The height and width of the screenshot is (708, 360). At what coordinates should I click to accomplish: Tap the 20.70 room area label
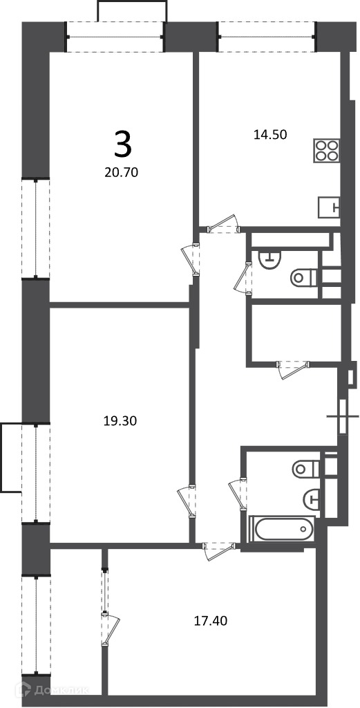pyautogui.click(x=120, y=172)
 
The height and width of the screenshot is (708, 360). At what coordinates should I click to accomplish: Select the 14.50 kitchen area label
pyautogui.click(x=271, y=134)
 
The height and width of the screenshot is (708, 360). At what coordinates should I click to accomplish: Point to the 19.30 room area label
pyautogui.click(x=120, y=421)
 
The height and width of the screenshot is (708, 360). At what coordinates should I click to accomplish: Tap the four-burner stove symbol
pyautogui.click(x=327, y=150)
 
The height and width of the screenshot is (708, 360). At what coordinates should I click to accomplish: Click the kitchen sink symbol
pyautogui.click(x=329, y=207)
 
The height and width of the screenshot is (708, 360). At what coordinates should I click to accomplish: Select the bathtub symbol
pyautogui.click(x=283, y=529)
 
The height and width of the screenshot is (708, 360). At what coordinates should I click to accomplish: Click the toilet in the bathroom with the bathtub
pyautogui.click(x=306, y=469)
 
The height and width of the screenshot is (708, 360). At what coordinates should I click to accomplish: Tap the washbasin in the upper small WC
pyautogui.click(x=269, y=259)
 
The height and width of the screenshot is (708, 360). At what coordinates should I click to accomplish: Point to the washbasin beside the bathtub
pyautogui.click(x=311, y=499)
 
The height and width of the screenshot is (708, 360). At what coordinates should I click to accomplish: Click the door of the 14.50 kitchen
pyautogui.click(x=222, y=223)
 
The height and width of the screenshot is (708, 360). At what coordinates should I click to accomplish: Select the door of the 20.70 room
pyautogui.click(x=191, y=260)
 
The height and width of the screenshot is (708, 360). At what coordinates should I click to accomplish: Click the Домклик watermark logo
pyautogui.click(x=52, y=689)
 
